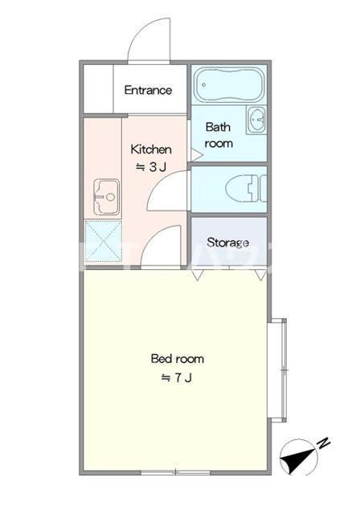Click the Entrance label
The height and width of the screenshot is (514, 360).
pyautogui.click(x=148, y=90)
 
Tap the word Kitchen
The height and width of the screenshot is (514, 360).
pyautogui.click(x=151, y=149)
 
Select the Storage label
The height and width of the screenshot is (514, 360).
pyautogui.click(x=228, y=243)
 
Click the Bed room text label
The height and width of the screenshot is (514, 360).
pyautogui.click(x=178, y=359)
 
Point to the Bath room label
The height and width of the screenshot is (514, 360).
pyautogui.click(x=219, y=135)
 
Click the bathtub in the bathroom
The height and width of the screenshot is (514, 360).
pyautogui.click(x=229, y=84)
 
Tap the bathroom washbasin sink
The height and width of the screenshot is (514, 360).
pyautogui.click(x=256, y=120)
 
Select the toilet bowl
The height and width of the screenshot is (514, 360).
pyautogui.click(x=246, y=189)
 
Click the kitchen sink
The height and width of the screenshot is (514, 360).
pyautogui.click(x=107, y=197)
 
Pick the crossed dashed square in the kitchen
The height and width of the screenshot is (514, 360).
pyautogui.click(x=104, y=241)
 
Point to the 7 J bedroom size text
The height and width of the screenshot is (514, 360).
pyautogui.click(x=177, y=378)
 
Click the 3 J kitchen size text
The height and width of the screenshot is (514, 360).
pyautogui.click(x=152, y=167)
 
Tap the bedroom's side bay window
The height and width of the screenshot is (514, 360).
pyautogui.click(x=277, y=370)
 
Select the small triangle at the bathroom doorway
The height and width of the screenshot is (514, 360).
pyautogui.click(x=194, y=155)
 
